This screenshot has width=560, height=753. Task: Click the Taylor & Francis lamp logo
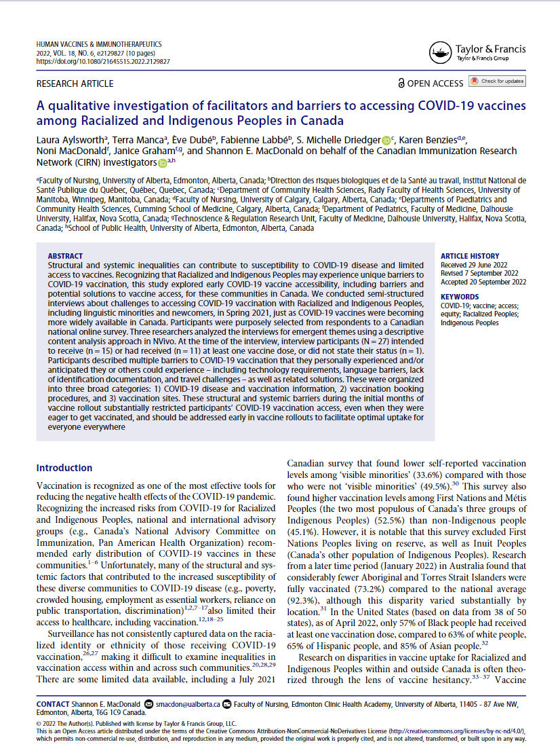pos(441,52)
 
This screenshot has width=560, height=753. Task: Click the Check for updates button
pos(497,81)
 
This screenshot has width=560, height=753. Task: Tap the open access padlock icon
pos(402,84)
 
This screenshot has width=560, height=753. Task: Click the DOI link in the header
pos(102,61)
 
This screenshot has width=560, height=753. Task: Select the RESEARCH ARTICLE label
pos(75,84)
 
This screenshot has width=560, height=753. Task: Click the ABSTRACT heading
pos(66,257)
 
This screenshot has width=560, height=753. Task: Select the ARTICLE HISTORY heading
pos(470,256)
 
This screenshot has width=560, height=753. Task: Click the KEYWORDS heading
pos(459,297)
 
